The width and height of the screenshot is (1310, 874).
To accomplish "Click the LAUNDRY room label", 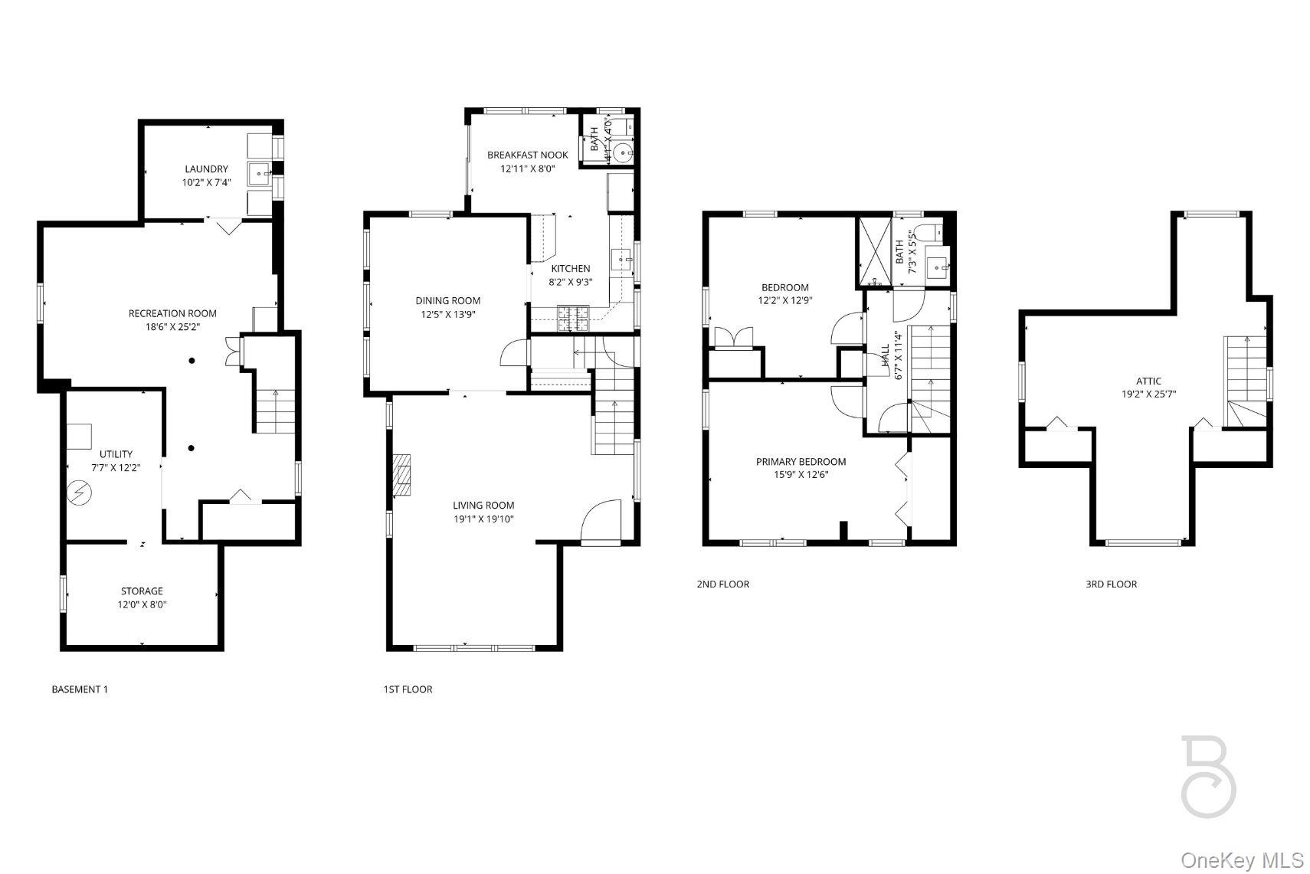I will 206,169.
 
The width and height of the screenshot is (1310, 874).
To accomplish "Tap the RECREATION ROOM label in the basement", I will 172,313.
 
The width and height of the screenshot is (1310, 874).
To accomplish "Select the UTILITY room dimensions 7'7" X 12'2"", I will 116,467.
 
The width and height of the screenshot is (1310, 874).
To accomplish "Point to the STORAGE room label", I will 142,591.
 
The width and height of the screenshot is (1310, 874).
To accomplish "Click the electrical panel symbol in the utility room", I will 78,493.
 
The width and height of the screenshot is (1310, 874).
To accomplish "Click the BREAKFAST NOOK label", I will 528,155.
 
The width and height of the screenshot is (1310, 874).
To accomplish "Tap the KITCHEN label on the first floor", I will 571,269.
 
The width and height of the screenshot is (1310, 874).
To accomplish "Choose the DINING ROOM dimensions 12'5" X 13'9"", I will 448,314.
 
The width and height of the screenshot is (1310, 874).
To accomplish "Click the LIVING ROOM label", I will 483,506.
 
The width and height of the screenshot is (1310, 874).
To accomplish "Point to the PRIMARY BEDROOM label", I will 801,462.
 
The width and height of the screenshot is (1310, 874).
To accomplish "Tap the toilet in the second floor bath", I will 925,232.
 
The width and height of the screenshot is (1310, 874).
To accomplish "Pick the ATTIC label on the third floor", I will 1148,381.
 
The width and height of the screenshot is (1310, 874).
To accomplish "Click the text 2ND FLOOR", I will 722,584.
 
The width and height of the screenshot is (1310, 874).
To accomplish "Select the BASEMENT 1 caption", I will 80,689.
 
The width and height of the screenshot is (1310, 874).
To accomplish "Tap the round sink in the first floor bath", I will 627,152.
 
